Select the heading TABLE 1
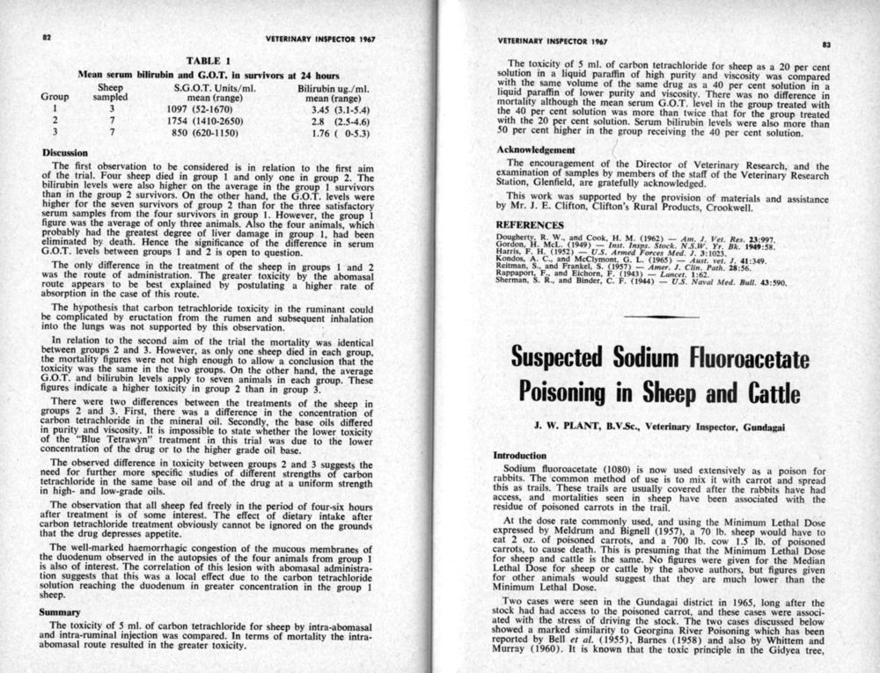209,60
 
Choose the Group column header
55,98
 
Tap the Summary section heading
61,611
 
